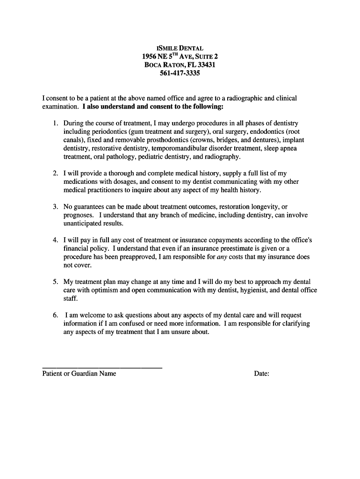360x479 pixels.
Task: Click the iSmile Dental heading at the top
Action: click(x=180, y=48)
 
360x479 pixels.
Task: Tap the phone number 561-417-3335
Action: click(x=180, y=73)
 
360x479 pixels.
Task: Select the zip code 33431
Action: click(x=205, y=65)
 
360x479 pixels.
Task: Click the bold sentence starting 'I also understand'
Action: click(x=153, y=107)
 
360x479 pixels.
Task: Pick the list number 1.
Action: click(x=55, y=123)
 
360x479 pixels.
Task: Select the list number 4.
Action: click(x=55, y=240)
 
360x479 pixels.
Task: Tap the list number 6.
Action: click(x=55, y=315)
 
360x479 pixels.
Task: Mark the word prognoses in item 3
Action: click(x=79, y=215)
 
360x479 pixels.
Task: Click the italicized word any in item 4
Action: click(x=222, y=257)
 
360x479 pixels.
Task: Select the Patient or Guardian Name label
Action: click(x=79, y=373)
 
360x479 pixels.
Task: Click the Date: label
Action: click(x=261, y=373)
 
